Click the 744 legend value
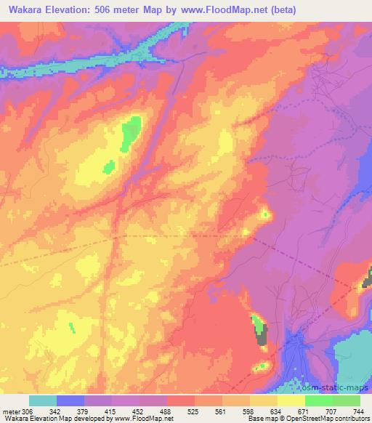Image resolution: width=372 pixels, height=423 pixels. coord(357,411)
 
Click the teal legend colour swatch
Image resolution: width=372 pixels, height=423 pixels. coord(43,400)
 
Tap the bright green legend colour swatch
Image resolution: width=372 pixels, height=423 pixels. coord(319,400)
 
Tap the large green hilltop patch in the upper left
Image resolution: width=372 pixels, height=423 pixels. coord(131,133)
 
